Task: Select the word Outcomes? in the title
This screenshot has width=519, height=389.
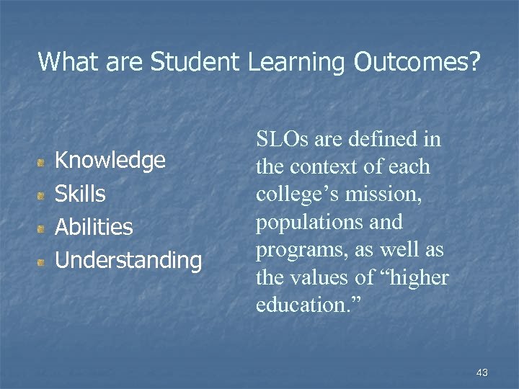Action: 417,62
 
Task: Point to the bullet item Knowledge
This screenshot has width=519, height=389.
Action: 110,160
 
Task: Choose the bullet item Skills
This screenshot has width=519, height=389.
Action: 80,193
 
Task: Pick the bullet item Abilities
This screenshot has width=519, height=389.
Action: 94,227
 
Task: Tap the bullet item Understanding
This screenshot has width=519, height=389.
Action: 128,260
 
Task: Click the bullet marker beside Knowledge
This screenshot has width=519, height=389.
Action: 44,161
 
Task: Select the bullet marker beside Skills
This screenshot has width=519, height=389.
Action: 44,194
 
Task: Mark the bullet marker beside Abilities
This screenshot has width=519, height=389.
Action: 44,228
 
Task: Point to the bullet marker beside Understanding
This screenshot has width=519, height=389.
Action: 44,261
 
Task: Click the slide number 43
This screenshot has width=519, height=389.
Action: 482,372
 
